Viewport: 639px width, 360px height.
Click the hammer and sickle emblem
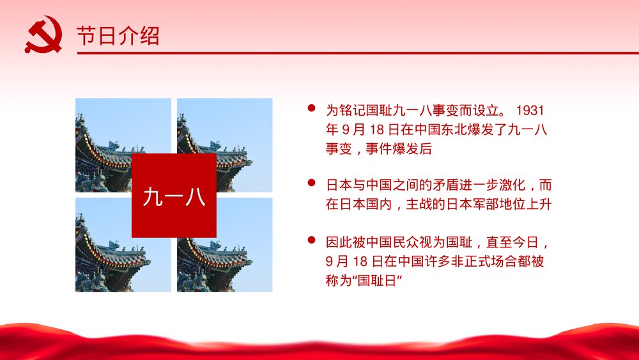[42, 35]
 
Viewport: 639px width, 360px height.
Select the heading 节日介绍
[118, 36]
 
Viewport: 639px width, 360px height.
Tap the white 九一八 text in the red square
[174, 196]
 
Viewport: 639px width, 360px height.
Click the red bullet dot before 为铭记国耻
[312, 109]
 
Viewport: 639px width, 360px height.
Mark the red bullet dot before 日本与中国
[312, 184]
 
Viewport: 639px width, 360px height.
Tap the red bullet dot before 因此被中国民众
[312, 240]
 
